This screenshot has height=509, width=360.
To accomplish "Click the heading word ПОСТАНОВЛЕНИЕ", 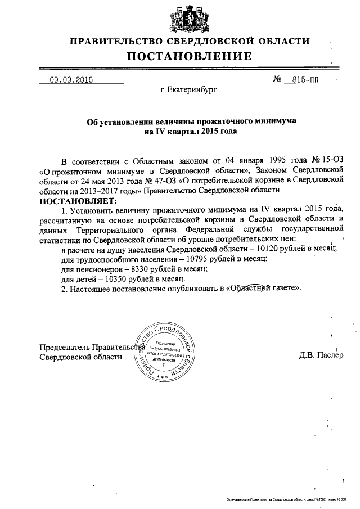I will (x=188, y=56).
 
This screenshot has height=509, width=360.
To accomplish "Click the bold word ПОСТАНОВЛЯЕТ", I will (x=77, y=200).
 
